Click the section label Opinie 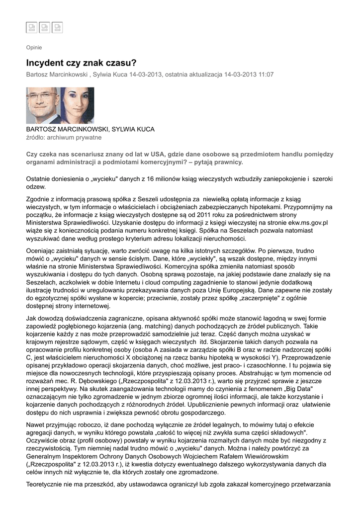pyautogui.click(x=34, y=48)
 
